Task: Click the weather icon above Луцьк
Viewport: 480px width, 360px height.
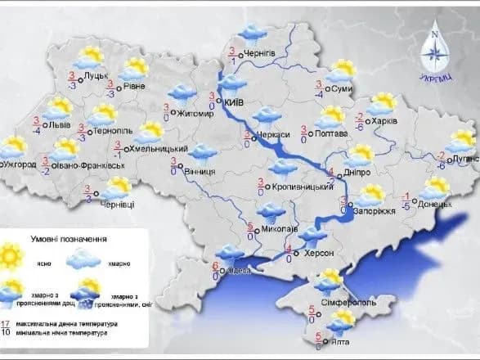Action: pos(87,56)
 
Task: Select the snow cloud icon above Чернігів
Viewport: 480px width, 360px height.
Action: pos(249,34)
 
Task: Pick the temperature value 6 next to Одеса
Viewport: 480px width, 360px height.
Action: pos(216,266)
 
